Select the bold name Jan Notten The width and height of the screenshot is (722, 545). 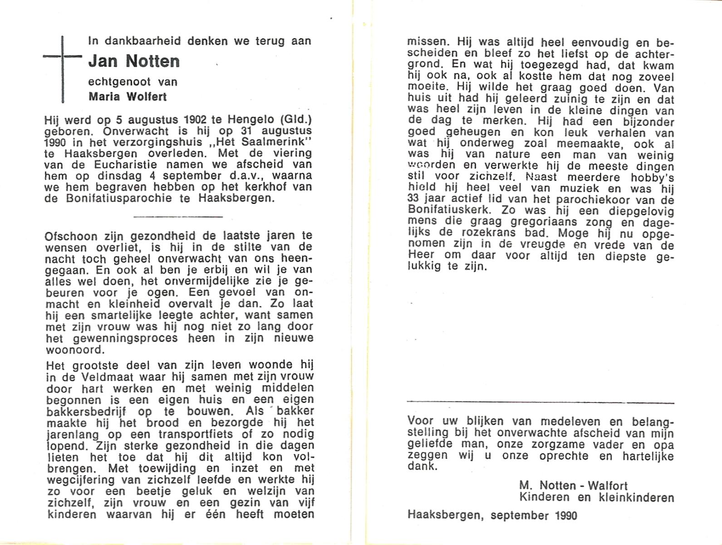[x=134, y=61]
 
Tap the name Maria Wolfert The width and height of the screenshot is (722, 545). [x=128, y=97]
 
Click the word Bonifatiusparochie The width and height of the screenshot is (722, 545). [x=116, y=198]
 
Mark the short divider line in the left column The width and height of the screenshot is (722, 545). [x=178, y=217]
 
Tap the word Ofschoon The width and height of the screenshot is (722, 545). [x=71, y=237]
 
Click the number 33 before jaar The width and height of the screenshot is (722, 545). [x=414, y=200]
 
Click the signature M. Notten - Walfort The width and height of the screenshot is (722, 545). [x=574, y=486]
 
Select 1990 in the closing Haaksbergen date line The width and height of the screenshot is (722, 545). [x=565, y=515]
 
